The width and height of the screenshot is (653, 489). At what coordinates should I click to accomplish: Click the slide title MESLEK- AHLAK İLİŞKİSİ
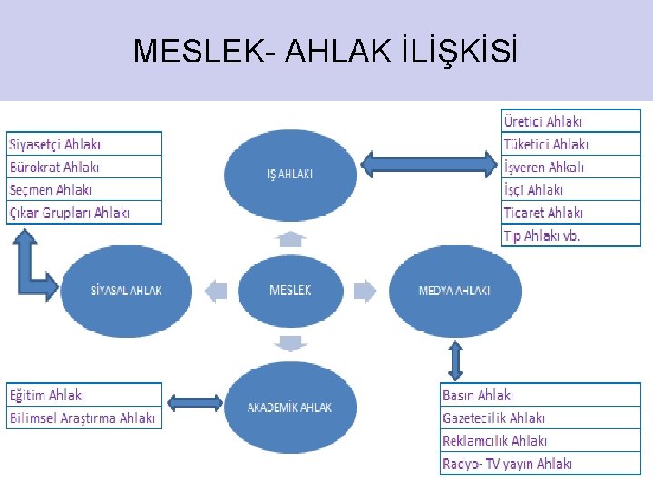click(326, 51)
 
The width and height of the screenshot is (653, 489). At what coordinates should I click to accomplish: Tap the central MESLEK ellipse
click(290, 291)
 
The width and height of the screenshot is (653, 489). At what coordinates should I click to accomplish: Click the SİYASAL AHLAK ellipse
click(127, 291)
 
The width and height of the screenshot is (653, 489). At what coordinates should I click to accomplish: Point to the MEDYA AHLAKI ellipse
click(454, 291)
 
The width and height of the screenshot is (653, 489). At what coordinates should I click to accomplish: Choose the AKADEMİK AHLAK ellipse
click(290, 407)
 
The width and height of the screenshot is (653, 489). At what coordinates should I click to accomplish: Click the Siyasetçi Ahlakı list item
click(84, 144)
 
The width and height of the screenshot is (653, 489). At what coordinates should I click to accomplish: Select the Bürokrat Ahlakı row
click(84, 167)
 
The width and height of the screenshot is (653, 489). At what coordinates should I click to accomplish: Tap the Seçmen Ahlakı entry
click(84, 189)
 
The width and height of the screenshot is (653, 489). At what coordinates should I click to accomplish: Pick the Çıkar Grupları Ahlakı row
click(84, 213)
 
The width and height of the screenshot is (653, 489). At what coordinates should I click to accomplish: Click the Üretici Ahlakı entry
click(570, 121)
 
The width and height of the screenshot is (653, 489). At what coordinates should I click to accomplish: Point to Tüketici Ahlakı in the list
click(570, 144)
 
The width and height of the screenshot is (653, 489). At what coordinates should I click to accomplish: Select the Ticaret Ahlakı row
click(570, 213)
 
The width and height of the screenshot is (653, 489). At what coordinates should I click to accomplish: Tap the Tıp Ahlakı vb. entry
click(570, 235)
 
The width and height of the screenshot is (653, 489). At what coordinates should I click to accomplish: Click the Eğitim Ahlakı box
click(84, 395)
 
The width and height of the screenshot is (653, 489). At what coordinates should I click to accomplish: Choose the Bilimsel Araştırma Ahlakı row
click(84, 417)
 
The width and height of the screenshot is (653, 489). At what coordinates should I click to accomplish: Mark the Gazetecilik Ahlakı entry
click(540, 417)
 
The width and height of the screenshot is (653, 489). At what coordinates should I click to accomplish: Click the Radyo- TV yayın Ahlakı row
click(540, 464)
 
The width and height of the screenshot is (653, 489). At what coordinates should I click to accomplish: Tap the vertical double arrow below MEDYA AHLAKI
click(455, 360)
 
